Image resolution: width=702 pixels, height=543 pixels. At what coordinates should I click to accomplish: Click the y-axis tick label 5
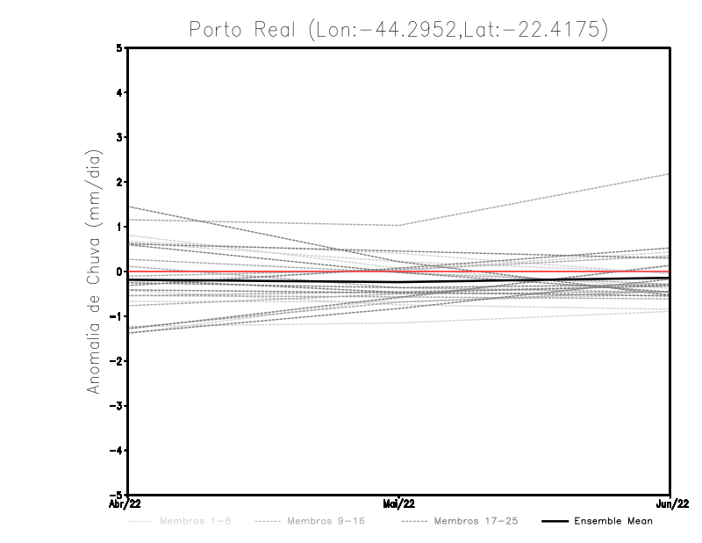click(119, 47)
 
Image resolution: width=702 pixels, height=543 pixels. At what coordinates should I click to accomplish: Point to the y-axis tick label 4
click(119, 92)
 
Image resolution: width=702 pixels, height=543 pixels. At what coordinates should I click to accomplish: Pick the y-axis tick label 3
click(119, 137)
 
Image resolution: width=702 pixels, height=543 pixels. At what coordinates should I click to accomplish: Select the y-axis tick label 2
click(119, 182)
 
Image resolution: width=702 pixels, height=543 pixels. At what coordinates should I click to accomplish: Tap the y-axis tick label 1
click(119, 227)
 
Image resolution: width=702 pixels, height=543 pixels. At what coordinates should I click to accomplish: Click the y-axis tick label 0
click(119, 271)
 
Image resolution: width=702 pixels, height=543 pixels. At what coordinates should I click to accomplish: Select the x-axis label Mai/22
click(399, 504)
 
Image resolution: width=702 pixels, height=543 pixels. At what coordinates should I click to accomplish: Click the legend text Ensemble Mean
click(612, 521)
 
